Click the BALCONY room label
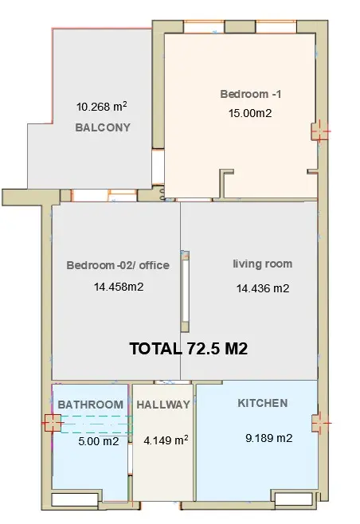tap(103, 127)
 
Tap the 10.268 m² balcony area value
tap(102, 107)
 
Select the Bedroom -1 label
tap(251, 94)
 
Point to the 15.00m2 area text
tap(250, 113)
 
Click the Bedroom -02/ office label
tap(118, 265)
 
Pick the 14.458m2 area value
tap(119, 287)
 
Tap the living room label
tap(263, 264)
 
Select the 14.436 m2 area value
tap(263, 288)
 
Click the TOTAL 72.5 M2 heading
tap(189, 349)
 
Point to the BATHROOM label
tap(91, 405)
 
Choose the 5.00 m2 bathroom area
tap(99, 441)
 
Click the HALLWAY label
tap(163, 405)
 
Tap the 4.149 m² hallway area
tap(166, 440)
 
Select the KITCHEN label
tap(263, 403)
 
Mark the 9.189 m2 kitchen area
tap(269, 438)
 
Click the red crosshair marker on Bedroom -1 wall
tap(320, 131)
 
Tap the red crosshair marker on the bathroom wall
tap(52, 423)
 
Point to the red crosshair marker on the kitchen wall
tap(321, 423)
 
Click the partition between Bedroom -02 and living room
tap(186, 291)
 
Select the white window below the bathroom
tap(75, 499)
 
